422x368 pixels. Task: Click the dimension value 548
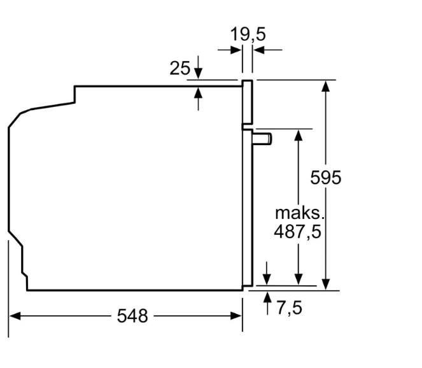[132, 315]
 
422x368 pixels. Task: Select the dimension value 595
[326, 178]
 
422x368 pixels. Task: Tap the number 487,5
[298, 230]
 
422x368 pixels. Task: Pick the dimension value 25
[179, 68]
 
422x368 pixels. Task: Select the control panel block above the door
[247, 102]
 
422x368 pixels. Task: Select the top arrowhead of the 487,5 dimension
[298, 136]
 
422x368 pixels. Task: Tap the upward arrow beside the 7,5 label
[267, 296]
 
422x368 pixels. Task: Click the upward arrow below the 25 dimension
[198, 92]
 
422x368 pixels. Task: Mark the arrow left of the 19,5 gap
[235, 49]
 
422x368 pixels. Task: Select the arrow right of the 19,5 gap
[259, 49]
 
